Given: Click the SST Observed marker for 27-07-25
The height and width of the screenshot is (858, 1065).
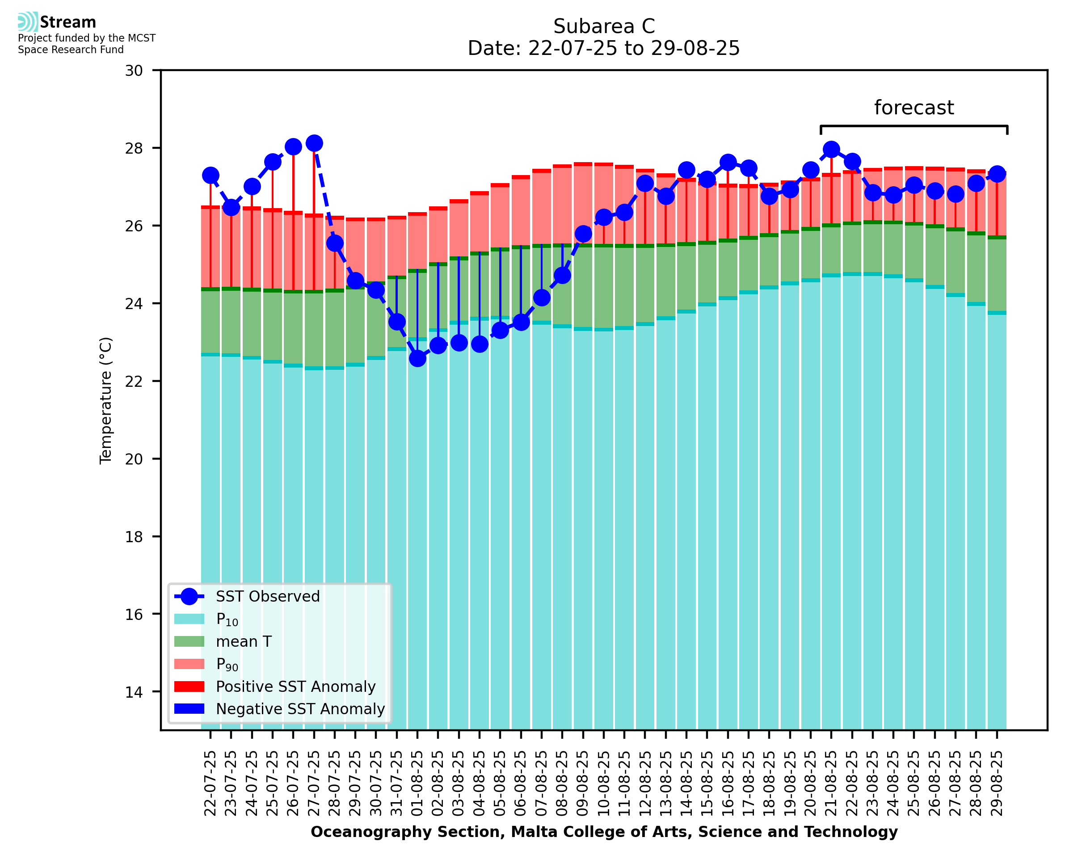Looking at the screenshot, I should click(x=314, y=143).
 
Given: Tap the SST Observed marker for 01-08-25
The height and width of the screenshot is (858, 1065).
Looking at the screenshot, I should click(x=417, y=358).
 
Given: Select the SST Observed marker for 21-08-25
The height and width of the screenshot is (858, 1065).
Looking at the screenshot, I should click(x=831, y=149).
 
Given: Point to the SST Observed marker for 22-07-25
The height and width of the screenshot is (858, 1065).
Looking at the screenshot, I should click(x=210, y=176).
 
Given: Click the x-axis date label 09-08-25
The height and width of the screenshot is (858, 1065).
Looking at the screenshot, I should click(x=583, y=783).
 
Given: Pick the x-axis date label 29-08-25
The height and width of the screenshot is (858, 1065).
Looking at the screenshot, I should click(x=997, y=783).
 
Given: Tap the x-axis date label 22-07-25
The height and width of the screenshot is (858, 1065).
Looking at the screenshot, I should click(x=210, y=783).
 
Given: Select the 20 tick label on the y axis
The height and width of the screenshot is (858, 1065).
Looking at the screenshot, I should click(x=134, y=459).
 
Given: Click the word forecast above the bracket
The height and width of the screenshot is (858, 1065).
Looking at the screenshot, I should click(x=913, y=108).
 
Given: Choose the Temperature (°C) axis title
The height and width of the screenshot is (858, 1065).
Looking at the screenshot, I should click(x=106, y=400).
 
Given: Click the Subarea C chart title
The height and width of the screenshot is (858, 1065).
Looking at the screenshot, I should click(x=604, y=26).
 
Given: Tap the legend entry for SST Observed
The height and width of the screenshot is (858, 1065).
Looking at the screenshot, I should click(x=268, y=597).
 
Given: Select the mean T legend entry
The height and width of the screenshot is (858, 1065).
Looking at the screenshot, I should click(x=244, y=641).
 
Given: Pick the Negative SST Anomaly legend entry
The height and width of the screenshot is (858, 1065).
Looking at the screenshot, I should click(x=300, y=709).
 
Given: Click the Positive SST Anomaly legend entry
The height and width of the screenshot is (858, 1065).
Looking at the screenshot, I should click(x=296, y=686).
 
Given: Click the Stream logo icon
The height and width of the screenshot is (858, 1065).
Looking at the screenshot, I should click(x=28, y=22).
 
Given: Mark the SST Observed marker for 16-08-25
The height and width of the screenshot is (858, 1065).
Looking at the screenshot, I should click(x=728, y=162).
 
